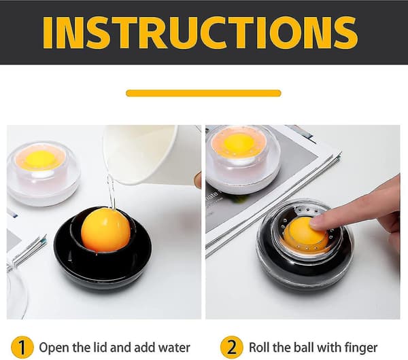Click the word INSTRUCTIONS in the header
click(200, 32)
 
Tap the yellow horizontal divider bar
click(203, 93)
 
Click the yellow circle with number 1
click(22, 347)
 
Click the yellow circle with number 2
click(231, 347)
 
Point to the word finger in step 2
click(361, 348)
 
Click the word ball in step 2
click(304, 348)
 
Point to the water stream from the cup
click(112, 192)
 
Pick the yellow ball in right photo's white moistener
click(240, 144)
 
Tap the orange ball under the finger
click(305, 232)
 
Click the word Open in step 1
click(54, 348)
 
